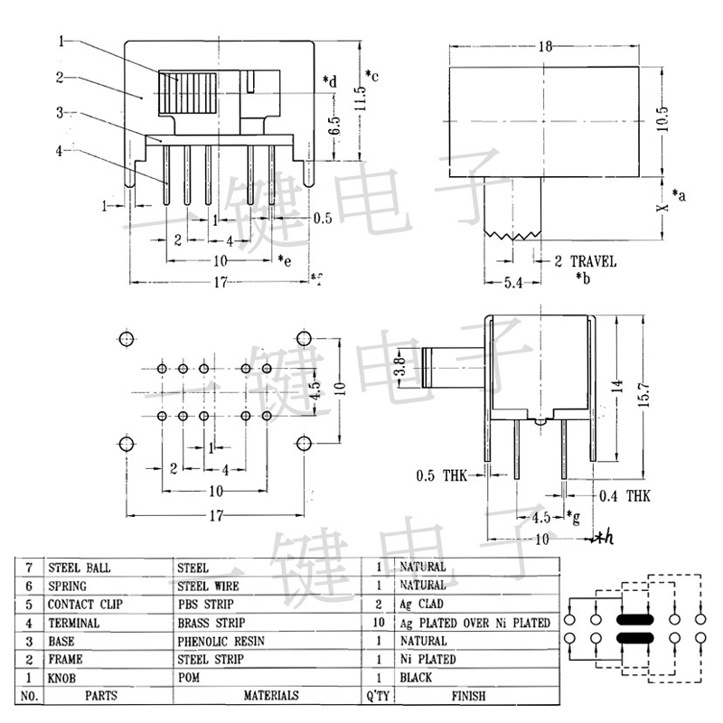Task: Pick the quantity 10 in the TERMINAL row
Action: pyautogui.click(x=375, y=623)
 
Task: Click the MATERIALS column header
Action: pyautogui.click(x=270, y=696)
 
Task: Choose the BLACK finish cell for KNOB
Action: pyautogui.click(x=416, y=677)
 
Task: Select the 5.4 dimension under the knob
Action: pyautogui.click(x=511, y=284)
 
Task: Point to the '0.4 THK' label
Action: pyautogui.click(x=624, y=496)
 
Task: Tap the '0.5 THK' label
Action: pyautogui.click(x=441, y=475)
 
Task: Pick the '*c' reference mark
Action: pyautogui.click(x=371, y=75)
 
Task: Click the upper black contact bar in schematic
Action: pyautogui.click(x=634, y=620)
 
